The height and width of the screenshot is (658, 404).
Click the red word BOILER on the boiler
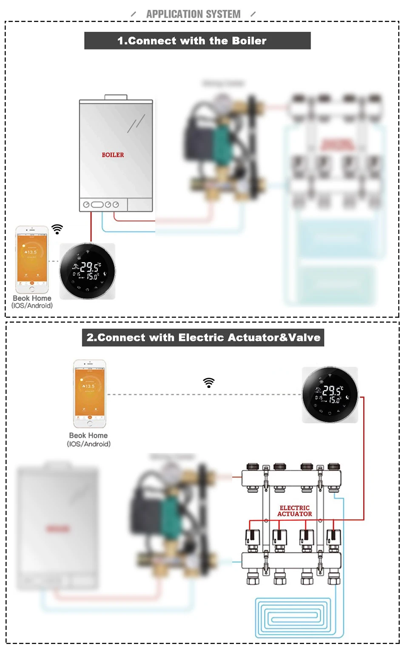[113, 155]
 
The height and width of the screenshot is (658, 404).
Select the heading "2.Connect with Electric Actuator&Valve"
[203, 338]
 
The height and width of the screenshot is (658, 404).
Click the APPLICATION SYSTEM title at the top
[193, 14]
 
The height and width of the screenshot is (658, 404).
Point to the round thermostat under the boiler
[87, 271]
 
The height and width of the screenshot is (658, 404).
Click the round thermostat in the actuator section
[330, 395]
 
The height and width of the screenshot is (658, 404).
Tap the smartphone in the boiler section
[32, 259]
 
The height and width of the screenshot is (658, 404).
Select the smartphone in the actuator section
[89, 393]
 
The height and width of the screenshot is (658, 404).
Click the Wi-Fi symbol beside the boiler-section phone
[57, 229]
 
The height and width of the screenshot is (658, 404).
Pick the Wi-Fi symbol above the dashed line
[209, 383]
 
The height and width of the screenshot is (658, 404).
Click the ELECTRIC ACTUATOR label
[295, 511]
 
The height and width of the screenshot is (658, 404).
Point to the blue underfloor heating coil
[293, 617]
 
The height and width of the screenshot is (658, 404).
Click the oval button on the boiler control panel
[97, 205]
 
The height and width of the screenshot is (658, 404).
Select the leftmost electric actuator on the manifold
[252, 538]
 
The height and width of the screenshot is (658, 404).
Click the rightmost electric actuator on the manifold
[333, 538]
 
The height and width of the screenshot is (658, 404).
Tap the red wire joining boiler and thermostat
[91, 227]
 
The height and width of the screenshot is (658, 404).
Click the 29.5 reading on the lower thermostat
[332, 390]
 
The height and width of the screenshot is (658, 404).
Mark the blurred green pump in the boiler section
[221, 140]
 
